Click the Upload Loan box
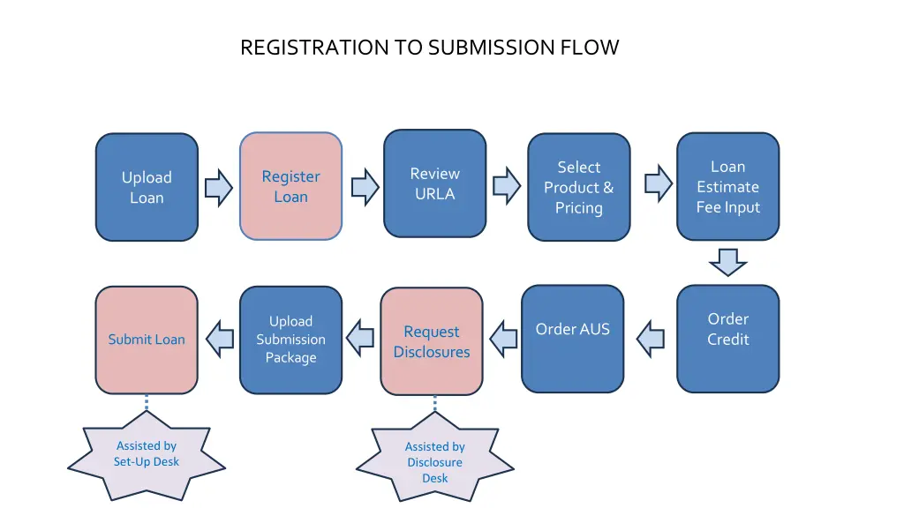coord(147,187)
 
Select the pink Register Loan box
coord(290,186)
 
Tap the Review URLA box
coord(434,183)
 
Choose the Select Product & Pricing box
coord(578,187)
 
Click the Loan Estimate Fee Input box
coord(727,186)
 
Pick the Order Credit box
coord(727,339)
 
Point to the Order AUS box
coord(572,339)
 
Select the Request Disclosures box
coord(432,341)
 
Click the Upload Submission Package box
coord(290,340)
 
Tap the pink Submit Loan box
coord(147,340)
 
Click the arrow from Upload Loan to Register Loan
coord(218,188)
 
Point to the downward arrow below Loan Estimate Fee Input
coord(727,261)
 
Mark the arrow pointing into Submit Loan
coord(220,339)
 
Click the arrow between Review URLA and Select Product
coord(506,186)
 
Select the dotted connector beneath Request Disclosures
coord(434,403)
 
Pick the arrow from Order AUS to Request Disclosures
coord(503,340)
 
